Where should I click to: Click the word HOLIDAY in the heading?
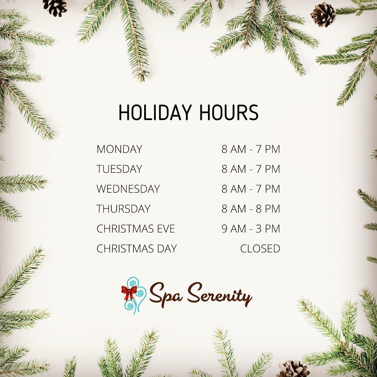[x=155, y=112]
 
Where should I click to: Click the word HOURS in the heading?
[x=229, y=112]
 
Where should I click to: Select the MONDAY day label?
[x=119, y=149]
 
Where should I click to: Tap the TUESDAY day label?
[x=119, y=169]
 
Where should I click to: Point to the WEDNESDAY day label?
[x=128, y=189]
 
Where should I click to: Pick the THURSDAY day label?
[x=123, y=209]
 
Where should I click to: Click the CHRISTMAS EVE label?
[x=135, y=229]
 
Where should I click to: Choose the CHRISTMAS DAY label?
[x=136, y=249]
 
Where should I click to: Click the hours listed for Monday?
[x=251, y=149]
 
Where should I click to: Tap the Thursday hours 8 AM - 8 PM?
[x=251, y=209]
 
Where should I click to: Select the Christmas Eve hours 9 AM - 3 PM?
[x=251, y=229]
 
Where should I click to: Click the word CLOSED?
[x=260, y=249]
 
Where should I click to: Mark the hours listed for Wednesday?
[x=251, y=189]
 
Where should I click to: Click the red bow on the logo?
[x=129, y=293]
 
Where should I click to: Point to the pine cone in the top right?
[x=323, y=15]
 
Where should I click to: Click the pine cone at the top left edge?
[x=55, y=7]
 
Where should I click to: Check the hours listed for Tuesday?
[x=251, y=169]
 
